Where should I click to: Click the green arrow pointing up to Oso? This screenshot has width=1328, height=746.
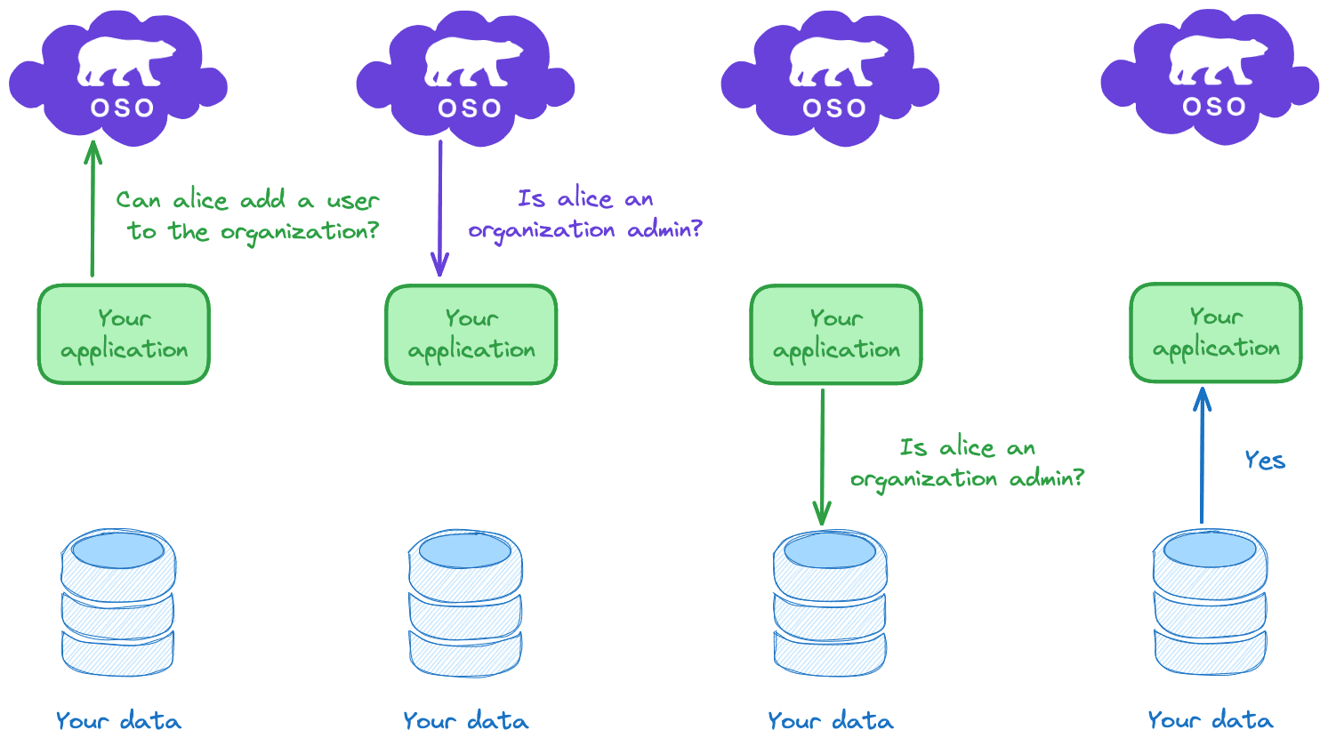93,209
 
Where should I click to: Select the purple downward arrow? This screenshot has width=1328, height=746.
439,209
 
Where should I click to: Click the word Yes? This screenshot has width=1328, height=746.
1265,460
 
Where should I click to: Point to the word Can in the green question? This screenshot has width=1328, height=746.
138,200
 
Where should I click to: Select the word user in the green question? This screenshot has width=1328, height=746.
352,201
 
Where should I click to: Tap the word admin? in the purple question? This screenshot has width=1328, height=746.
664,229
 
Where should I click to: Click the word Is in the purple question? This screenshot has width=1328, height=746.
531,198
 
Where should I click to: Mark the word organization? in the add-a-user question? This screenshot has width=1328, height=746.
300,232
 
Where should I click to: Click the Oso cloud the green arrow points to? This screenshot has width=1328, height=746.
118,78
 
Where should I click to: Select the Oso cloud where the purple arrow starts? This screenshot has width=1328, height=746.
465,78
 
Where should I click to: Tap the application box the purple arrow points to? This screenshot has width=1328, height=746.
471,334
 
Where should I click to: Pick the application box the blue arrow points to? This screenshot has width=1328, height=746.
1216,333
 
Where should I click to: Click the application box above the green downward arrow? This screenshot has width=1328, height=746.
836,334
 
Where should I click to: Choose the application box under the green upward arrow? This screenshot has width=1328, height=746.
124,334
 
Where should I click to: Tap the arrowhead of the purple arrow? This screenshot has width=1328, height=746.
439,265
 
